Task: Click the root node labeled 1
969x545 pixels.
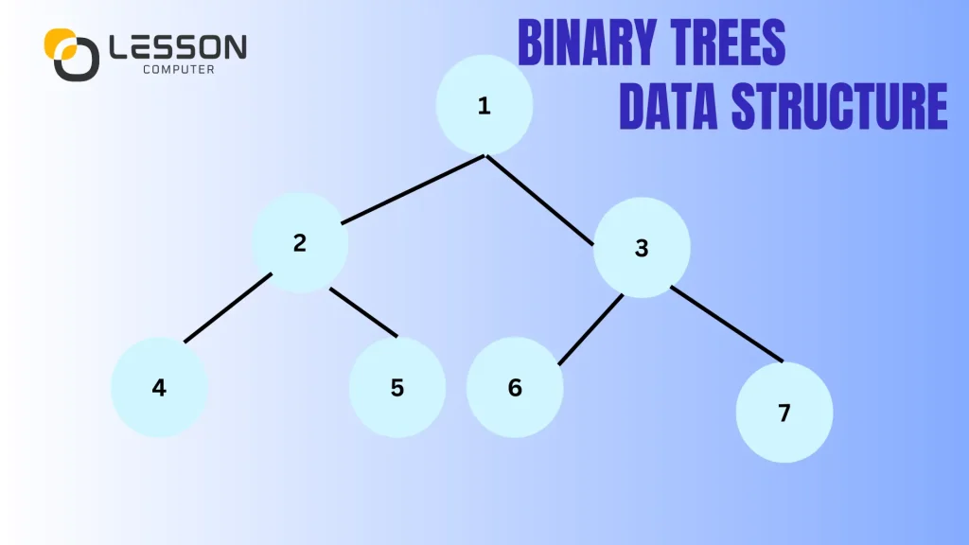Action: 484,106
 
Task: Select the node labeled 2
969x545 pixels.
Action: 300,243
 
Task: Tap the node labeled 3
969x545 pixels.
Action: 642,248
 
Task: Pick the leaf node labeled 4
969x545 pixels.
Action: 159,388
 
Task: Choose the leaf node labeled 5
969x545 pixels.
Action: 397,388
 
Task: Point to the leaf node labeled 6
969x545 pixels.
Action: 515,388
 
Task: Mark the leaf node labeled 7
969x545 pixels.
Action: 784,413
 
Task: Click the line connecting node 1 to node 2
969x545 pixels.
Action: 413,190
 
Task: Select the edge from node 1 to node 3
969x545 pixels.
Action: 539,200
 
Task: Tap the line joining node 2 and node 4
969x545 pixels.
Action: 228,308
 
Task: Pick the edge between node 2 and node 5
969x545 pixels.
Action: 363,311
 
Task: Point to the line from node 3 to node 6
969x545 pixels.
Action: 590,329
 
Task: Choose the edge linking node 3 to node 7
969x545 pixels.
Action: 727,324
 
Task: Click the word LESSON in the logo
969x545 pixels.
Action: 177,46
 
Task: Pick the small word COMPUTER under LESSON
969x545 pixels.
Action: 177,69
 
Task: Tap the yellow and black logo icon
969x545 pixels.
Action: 71,53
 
